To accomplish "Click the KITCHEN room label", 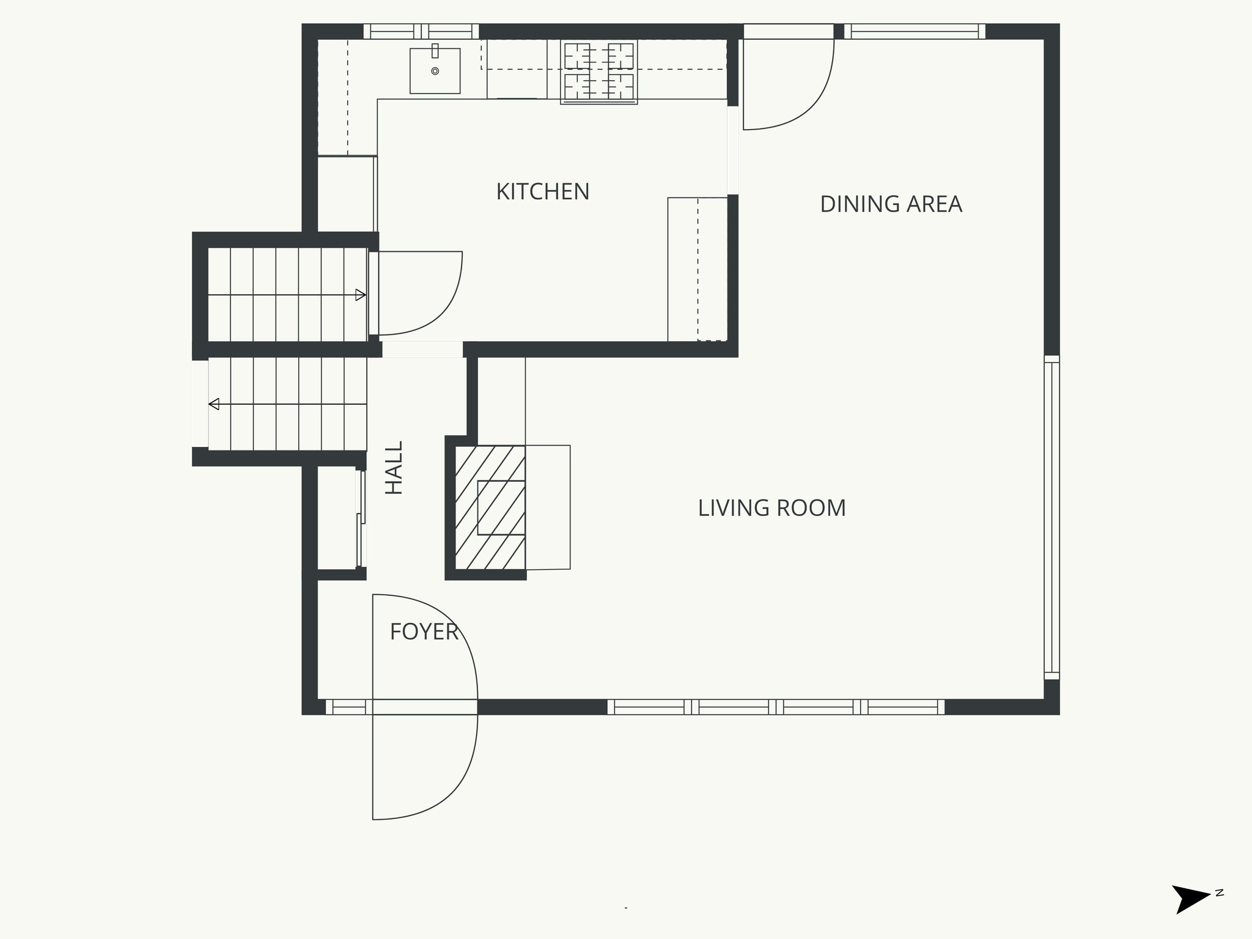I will tap(542, 192).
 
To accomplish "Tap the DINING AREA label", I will tap(891, 204).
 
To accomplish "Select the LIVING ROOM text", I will tap(771, 508).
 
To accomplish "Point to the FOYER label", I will tap(424, 632).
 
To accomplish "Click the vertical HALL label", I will tap(394, 468).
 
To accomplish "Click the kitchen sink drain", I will tap(435, 71).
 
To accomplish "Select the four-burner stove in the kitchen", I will tap(599, 72).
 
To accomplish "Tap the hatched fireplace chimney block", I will tap(490, 507).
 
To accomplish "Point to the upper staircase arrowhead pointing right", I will tap(360, 295).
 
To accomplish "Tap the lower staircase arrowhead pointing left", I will tap(214, 404).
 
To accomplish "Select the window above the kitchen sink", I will tap(421, 31).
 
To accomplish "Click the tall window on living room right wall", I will tap(1051, 517).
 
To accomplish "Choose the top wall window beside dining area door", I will tap(914, 31).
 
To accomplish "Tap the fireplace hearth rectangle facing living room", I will tap(548, 507).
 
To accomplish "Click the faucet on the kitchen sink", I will tap(435, 51).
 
